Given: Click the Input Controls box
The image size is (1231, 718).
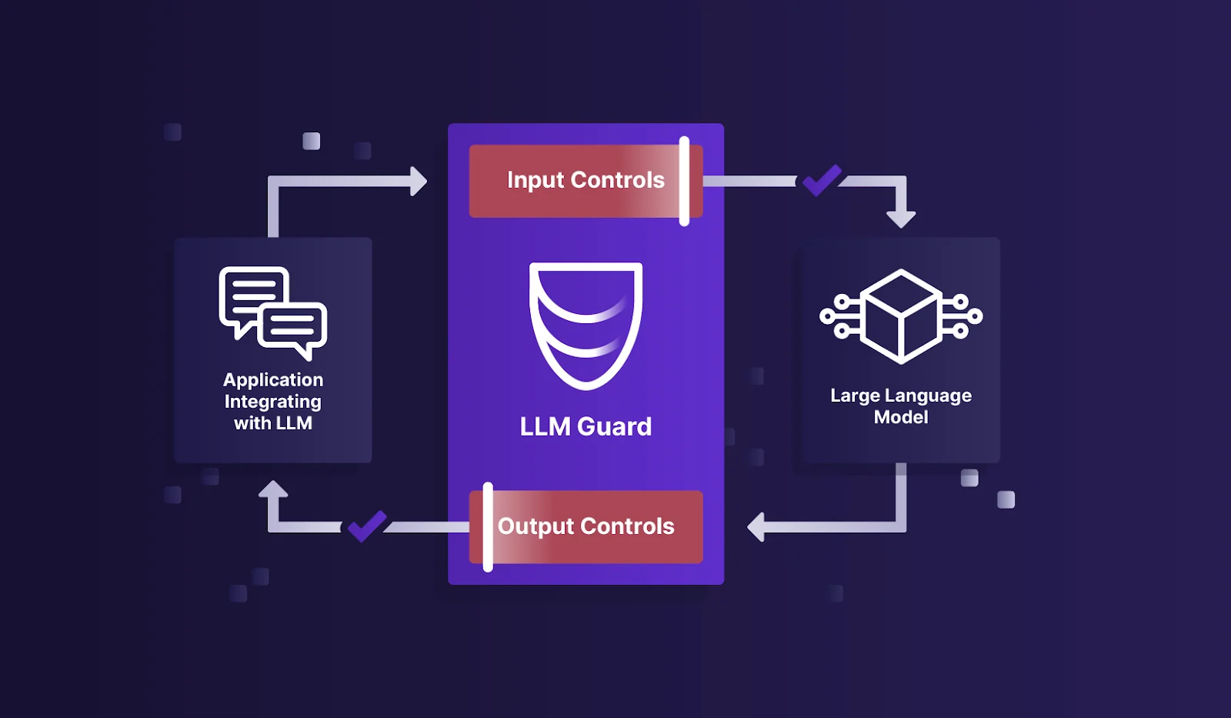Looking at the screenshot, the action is click(x=585, y=181).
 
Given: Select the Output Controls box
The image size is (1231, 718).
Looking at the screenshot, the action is click(x=585, y=526).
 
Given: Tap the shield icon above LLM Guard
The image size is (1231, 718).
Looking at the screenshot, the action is click(x=585, y=326).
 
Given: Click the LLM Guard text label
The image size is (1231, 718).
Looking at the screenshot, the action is click(x=585, y=426).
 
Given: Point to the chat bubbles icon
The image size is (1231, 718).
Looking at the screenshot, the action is click(x=273, y=313).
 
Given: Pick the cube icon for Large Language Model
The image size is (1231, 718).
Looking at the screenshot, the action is click(x=901, y=316).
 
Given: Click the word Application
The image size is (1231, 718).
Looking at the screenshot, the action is click(x=273, y=380).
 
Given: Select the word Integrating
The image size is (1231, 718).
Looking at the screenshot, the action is click(x=273, y=402).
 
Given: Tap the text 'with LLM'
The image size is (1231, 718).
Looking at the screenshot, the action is click(x=273, y=423).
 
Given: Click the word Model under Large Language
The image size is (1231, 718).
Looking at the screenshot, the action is click(x=901, y=417).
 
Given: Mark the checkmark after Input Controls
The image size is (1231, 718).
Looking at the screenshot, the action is click(x=822, y=180).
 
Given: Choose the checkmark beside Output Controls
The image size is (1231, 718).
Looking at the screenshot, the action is click(x=367, y=526).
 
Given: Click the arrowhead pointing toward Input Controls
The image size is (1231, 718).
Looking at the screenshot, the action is click(x=419, y=181).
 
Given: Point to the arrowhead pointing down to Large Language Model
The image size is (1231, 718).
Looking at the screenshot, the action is click(x=901, y=219).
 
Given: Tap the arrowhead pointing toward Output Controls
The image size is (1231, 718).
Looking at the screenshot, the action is click(x=756, y=527).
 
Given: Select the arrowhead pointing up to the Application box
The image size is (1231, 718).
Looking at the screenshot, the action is click(x=273, y=489).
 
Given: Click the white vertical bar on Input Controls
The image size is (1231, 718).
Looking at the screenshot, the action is click(x=684, y=182).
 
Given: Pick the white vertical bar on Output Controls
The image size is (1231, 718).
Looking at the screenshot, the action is click(x=488, y=527).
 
